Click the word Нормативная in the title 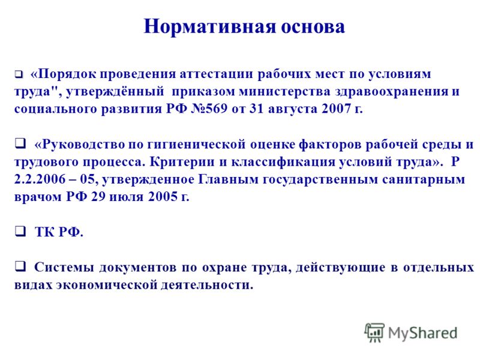[209, 26]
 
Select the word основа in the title [313, 26]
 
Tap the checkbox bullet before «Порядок [19, 74]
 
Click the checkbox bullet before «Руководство [20, 143]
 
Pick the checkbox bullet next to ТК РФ [20, 231]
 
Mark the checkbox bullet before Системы [20, 266]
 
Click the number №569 [209, 109]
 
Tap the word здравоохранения [391, 92]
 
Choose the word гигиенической [196, 144]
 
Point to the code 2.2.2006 [40, 179]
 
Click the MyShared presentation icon [374, 332]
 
